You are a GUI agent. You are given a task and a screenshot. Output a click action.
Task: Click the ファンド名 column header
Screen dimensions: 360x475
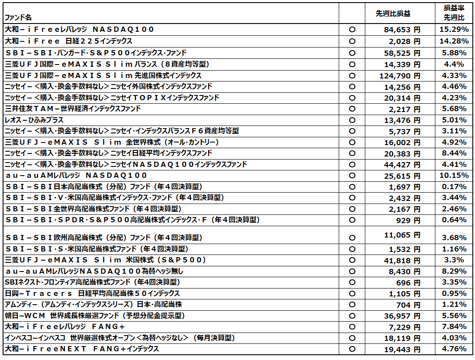[18, 17]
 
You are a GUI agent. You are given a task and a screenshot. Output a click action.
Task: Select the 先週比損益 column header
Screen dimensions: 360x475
[393, 14]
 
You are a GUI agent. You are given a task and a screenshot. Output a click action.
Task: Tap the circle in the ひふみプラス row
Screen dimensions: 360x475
[352, 120]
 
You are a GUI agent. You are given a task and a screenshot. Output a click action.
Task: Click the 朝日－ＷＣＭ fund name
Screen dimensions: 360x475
[94, 315]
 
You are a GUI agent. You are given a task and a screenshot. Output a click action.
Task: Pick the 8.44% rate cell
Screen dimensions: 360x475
[454, 153]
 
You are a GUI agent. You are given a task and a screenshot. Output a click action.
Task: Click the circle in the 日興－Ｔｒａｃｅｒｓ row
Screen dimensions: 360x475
[352, 294]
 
